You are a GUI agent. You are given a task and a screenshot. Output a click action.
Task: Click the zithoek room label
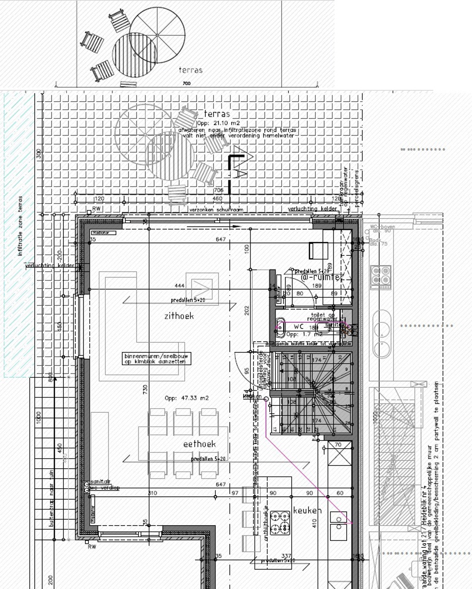coord(179,316)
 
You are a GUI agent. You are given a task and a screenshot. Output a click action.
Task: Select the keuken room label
coord(307,510)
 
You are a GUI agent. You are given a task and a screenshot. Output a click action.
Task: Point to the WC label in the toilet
coord(299,326)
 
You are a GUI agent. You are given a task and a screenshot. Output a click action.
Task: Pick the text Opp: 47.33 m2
coord(187,398)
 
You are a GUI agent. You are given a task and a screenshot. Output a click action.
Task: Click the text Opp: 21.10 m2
coord(218,123)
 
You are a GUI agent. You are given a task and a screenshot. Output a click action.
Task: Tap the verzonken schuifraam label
coord(216,210)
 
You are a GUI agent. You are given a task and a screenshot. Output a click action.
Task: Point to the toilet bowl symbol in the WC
coord(280,327)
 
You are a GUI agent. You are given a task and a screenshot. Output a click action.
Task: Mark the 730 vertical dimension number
coord(145,390)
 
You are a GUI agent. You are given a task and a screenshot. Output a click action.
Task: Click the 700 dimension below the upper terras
coord(186,84)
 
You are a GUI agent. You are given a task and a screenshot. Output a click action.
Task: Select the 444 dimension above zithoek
coord(179,285)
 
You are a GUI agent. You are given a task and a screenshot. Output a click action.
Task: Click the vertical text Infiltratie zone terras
coord(21,226)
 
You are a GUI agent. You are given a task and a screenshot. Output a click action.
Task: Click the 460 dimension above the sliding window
coord(217,199)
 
